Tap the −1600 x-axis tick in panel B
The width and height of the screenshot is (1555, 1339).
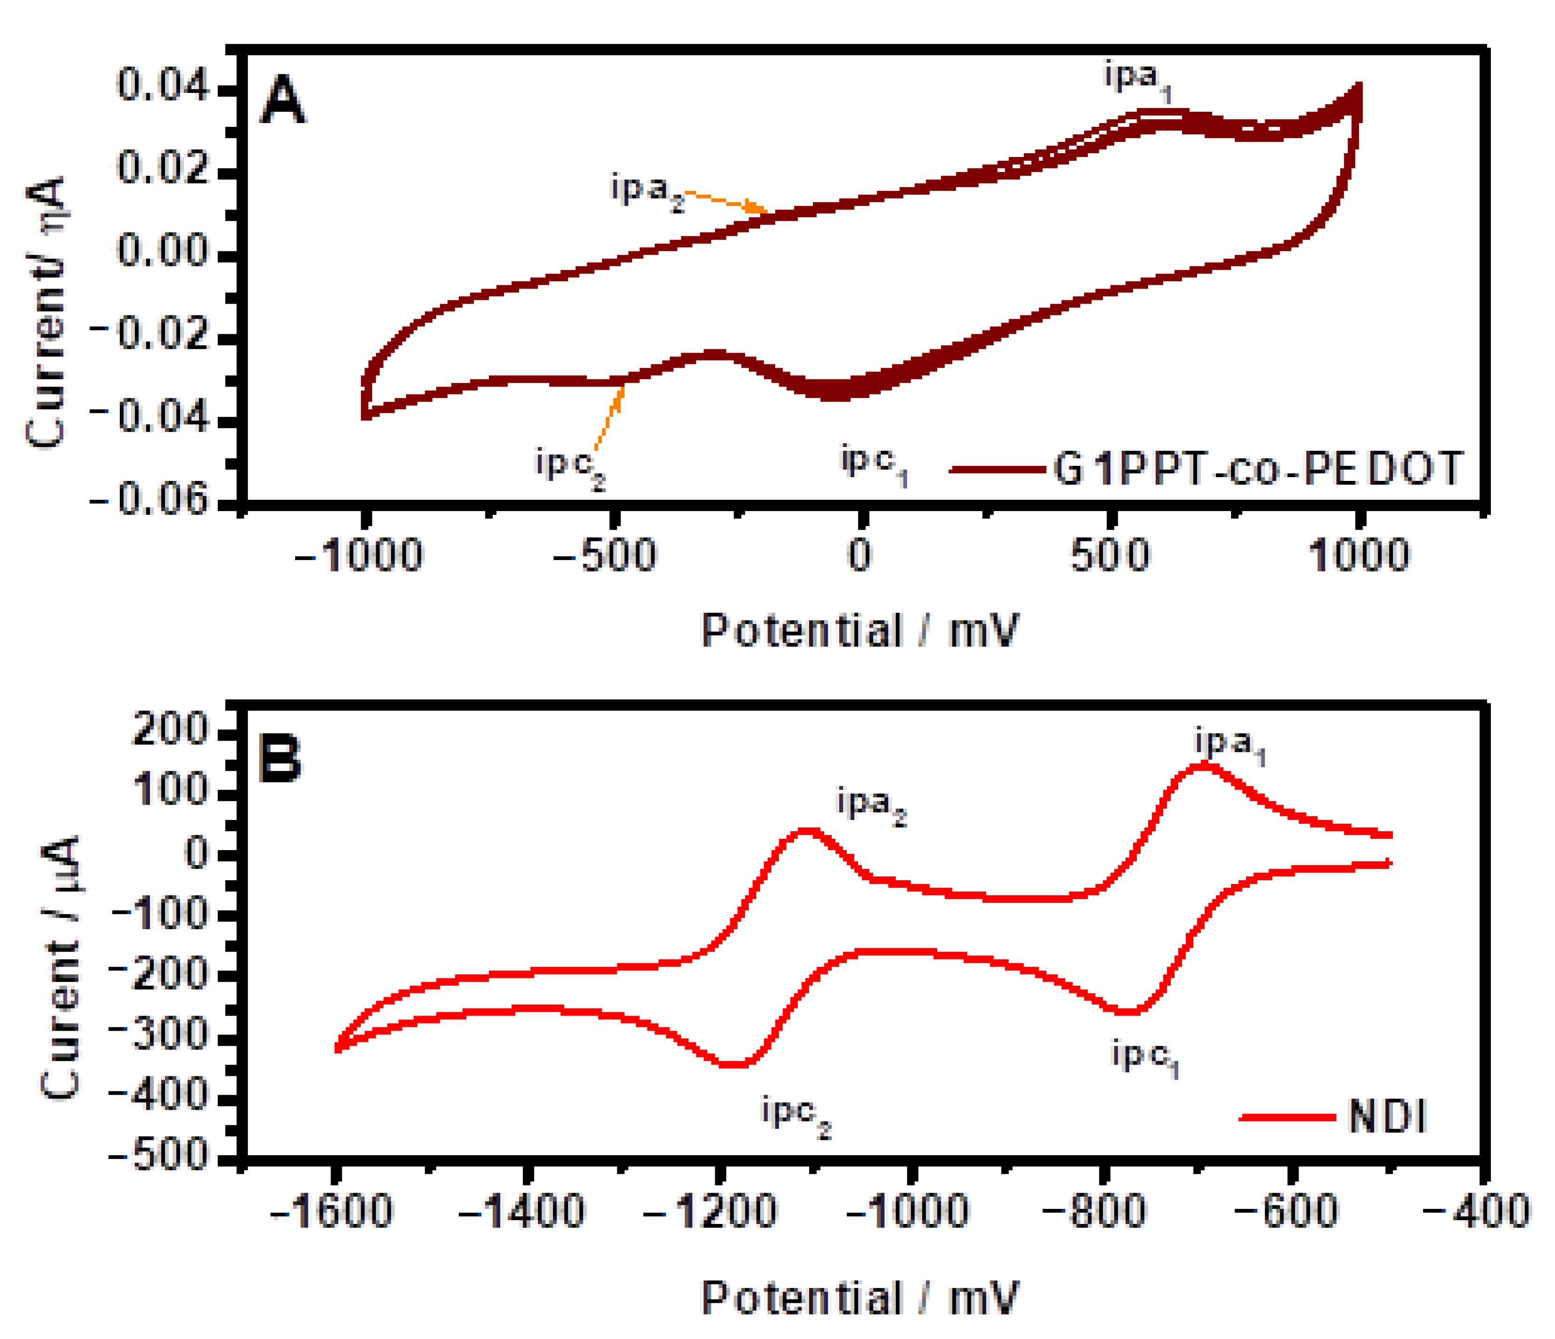332,1211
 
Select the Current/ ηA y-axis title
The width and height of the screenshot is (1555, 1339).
47,312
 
